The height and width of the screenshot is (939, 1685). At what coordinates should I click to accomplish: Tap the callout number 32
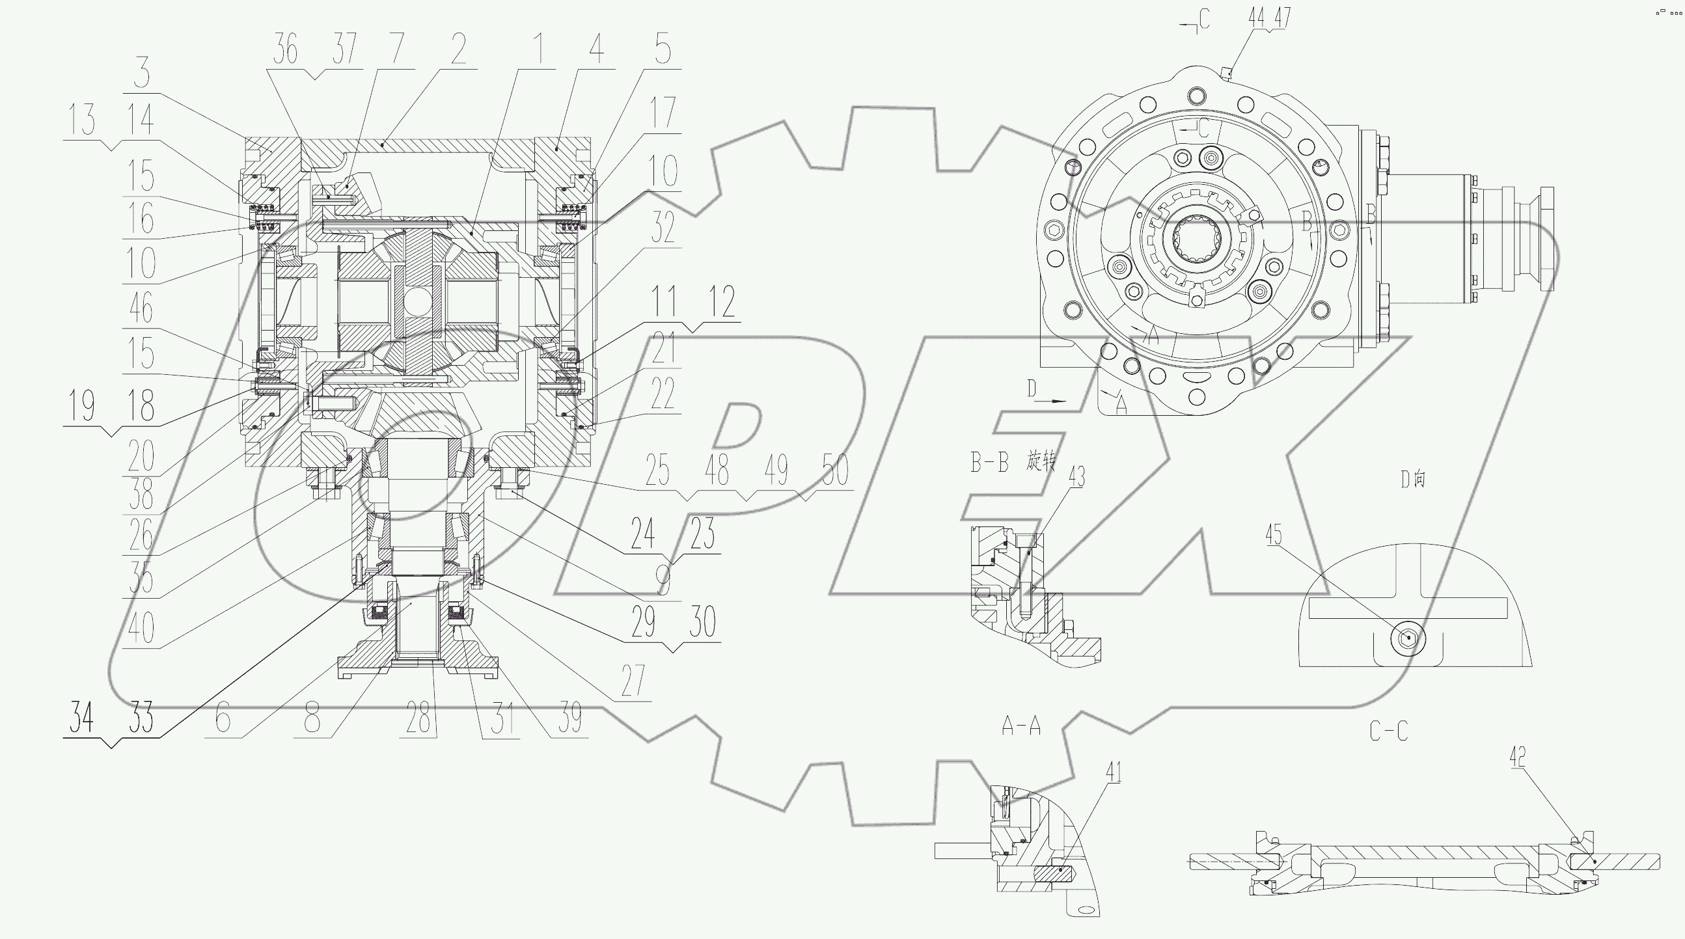pos(662,228)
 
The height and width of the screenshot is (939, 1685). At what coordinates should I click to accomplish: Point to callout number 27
pos(633,681)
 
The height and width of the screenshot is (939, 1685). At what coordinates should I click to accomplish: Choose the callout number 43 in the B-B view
pos(1076,477)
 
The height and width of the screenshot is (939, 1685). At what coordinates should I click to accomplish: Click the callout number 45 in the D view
pos(1274,535)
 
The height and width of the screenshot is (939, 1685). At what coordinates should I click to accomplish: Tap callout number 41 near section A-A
pos(1114,772)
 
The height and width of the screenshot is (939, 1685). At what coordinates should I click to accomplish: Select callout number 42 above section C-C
pos(1518,757)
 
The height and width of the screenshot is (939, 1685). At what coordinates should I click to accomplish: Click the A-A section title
pos(1021,725)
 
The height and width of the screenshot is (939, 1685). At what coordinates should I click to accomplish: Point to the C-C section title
pos(1388,731)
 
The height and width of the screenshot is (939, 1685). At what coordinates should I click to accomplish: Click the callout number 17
pos(662,113)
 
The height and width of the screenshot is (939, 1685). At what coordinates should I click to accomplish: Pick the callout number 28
pos(418,718)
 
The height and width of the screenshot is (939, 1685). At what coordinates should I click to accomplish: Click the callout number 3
pos(141,73)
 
